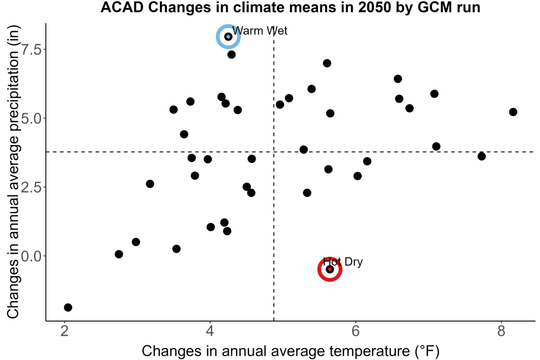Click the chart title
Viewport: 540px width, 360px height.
[x=291, y=7]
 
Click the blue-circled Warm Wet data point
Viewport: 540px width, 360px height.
[x=228, y=37]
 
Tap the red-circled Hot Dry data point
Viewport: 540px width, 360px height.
[x=329, y=269]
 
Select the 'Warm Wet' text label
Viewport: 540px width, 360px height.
[x=260, y=31]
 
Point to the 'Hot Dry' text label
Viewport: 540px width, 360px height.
[x=343, y=262]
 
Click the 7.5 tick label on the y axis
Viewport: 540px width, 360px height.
[x=31, y=49]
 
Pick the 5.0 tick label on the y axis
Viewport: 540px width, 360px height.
[x=31, y=118]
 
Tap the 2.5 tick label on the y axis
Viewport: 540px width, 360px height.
[x=31, y=187]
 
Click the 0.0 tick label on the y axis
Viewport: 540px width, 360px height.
[x=31, y=256]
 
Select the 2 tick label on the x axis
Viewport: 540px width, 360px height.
[x=64, y=331]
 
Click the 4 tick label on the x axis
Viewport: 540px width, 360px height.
[x=210, y=331]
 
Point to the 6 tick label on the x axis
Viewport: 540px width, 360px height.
[x=356, y=331]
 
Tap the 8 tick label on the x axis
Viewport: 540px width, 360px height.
[x=502, y=331]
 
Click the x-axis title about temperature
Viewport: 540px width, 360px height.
[x=291, y=351]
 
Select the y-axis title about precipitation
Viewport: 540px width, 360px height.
[x=13, y=172]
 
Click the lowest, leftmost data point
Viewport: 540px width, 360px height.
[x=68, y=307]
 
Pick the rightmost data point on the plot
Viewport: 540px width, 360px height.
[x=513, y=112]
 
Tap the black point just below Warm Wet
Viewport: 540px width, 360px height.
[x=232, y=55]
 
